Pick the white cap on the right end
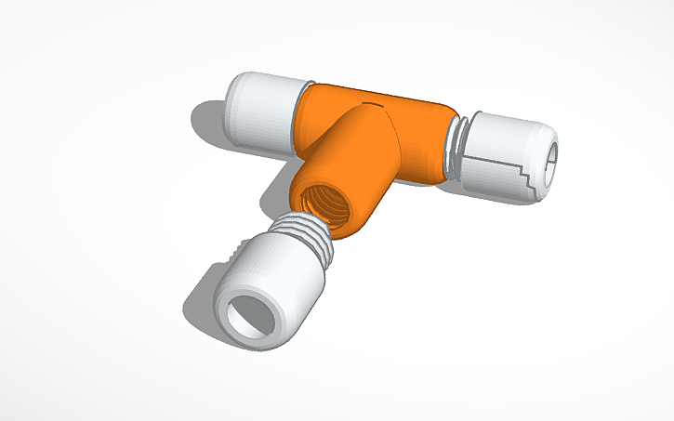[511, 153]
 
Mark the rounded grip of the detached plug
[279, 270]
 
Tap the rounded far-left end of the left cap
[233, 102]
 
